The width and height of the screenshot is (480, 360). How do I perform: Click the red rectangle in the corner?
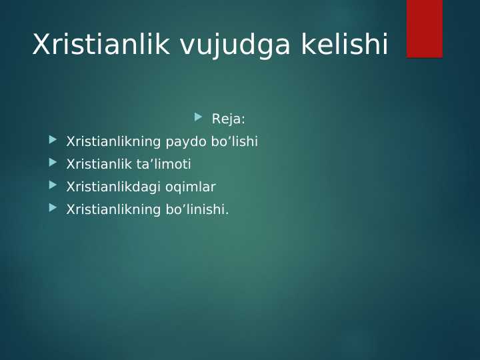(424, 29)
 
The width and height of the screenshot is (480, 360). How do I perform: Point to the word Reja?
(228, 119)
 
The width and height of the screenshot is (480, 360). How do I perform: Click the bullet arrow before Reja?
(198, 117)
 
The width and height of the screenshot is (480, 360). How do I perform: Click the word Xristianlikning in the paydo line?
(113, 142)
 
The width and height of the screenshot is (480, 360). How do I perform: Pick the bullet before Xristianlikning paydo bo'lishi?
(53, 140)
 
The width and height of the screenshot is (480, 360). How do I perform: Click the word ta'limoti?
(166, 165)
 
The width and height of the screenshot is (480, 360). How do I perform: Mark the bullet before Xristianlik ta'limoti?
(53, 163)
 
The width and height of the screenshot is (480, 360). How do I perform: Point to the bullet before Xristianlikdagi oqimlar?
(53, 185)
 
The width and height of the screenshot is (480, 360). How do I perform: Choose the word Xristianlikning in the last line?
(113, 210)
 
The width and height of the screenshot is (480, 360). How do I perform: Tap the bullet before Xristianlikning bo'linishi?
(53, 208)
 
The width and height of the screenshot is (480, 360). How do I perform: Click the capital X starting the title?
(41, 45)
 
